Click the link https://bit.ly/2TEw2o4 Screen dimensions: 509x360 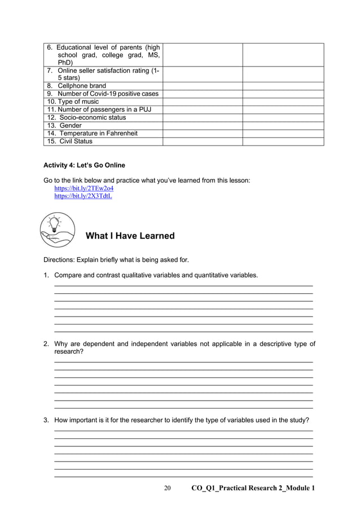[80, 188]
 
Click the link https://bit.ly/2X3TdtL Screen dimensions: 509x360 [83, 196]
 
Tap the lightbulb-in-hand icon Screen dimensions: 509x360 [58, 230]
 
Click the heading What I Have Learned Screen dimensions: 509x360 [130, 236]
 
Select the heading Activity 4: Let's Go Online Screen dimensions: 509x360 [84, 165]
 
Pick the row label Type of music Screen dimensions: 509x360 [73, 102]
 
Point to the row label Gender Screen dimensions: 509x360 [71, 125]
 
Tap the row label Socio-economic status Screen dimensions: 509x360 [86, 117]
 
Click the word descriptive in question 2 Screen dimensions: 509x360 [256, 344]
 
